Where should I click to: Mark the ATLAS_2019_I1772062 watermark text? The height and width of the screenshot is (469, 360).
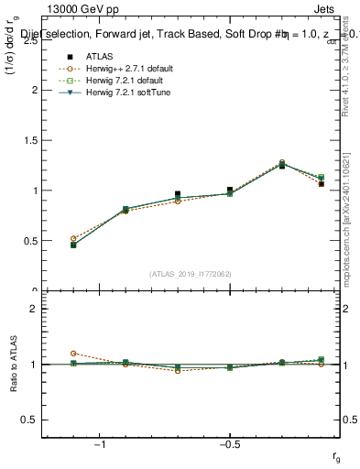click(x=191, y=274)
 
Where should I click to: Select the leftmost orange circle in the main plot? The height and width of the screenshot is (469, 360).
click(x=73, y=238)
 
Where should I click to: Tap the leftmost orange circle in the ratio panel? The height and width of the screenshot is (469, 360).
click(x=73, y=353)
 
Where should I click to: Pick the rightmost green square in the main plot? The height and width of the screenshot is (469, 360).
click(x=321, y=178)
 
